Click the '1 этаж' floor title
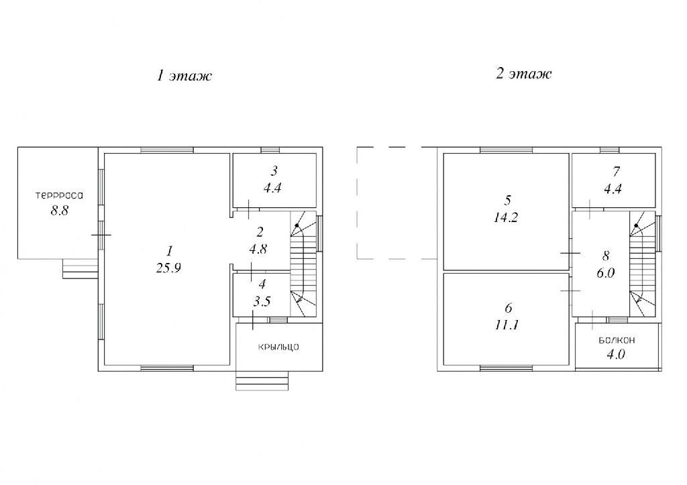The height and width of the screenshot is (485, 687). [x=184, y=75]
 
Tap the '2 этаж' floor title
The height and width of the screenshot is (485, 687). [x=523, y=73]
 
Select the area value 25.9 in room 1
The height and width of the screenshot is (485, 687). [x=168, y=268]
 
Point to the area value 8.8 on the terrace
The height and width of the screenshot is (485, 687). [x=60, y=211]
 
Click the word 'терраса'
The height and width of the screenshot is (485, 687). [x=59, y=195]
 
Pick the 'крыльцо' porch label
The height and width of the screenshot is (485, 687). [x=278, y=347]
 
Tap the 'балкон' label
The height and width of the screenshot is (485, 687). [x=617, y=340]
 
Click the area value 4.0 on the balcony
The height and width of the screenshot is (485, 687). [x=616, y=354]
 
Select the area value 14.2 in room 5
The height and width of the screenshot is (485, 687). [x=506, y=217]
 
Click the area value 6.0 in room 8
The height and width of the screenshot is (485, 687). [x=606, y=273]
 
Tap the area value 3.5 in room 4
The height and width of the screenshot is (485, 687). [x=262, y=301]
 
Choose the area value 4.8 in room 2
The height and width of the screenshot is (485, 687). [x=258, y=249]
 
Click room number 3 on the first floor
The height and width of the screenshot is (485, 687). [x=274, y=170]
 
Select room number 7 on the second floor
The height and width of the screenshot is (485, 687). [x=617, y=171]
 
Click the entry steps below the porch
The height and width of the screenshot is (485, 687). [x=262, y=381]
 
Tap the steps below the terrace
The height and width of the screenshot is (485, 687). [x=81, y=268]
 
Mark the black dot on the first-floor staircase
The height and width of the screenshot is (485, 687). [x=297, y=225]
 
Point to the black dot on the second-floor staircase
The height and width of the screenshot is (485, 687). [x=636, y=225]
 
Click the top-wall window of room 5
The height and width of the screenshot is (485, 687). [x=506, y=150]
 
